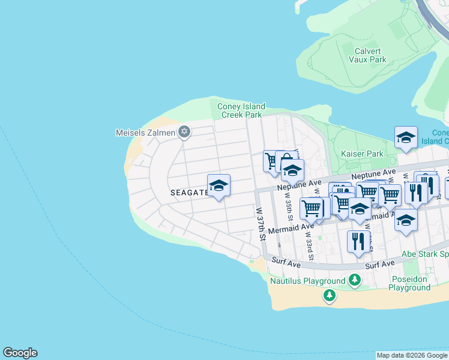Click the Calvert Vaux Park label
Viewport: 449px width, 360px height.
(x=367, y=55)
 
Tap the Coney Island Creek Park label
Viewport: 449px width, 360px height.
(x=241, y=110)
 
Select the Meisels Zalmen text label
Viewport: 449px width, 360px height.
(x=145, y=132)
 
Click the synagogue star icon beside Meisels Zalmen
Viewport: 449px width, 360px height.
(x=184, y=132)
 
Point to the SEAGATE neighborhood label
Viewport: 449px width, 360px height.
(x=188, y=193)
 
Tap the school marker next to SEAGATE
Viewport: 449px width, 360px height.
(x=218, y=185)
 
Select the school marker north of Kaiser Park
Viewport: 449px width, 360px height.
(x=406, y=137)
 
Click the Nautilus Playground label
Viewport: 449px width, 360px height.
(x=307, y=281)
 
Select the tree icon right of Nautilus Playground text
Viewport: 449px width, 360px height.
(x=355, y=280)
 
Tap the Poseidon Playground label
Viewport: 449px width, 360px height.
(x=409, y=283)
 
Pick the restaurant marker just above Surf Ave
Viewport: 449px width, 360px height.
(x=358, y=241)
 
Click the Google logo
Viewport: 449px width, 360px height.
(x=20, y=353)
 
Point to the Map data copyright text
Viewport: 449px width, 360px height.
(x=412, y=355)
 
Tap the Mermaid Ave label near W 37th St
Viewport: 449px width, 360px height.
(x=291, y=229)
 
